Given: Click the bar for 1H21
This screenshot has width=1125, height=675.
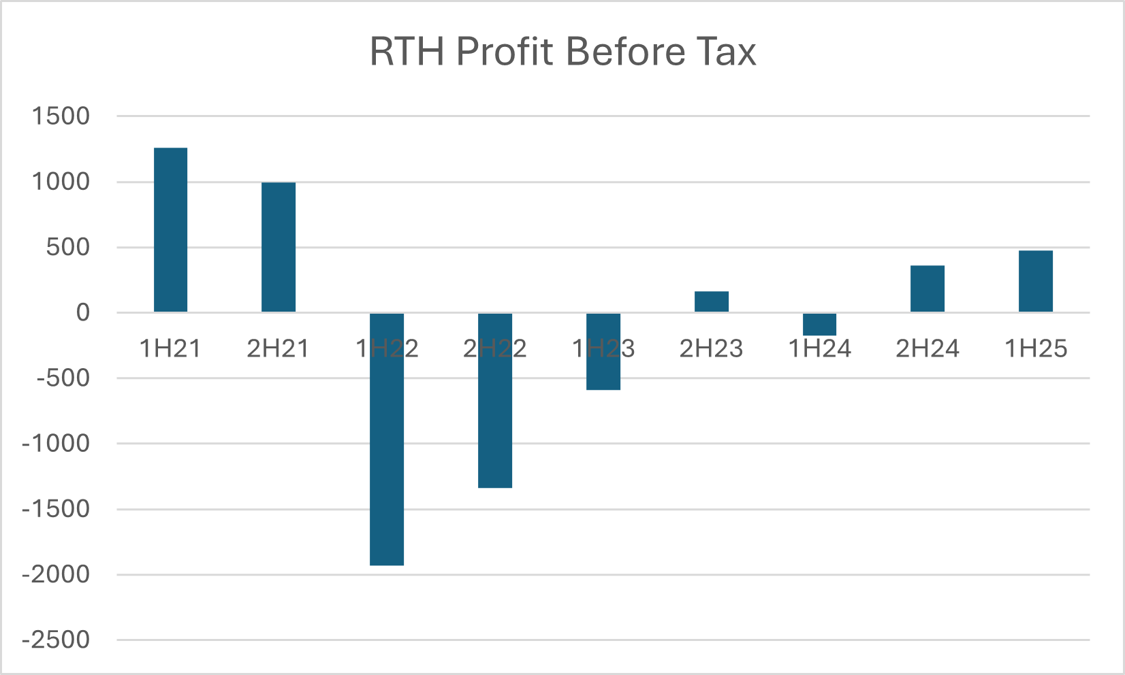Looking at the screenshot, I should (x=170, y=230).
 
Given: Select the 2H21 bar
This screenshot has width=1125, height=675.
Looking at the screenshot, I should (x=279, y=247).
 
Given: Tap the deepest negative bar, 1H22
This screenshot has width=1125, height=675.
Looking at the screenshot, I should (x=387, y=439).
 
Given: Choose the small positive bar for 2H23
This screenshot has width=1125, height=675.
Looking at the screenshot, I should (x=712, y=301).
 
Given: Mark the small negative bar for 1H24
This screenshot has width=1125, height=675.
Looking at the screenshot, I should (x=819, y=324).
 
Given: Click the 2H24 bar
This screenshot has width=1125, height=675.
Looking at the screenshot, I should (x=928, y=289).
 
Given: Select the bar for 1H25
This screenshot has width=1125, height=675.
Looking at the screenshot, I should (x=1036, y=281).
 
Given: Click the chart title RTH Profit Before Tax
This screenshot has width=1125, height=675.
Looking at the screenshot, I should (x=562, y=52).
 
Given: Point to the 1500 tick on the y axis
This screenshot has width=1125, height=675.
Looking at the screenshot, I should (x=61, y=116).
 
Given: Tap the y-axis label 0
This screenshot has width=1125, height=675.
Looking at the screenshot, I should (x=82, y=313).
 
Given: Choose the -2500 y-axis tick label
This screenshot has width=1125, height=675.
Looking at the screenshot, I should (x=56, y=640).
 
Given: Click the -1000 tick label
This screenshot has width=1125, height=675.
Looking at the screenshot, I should (x=56, y=444).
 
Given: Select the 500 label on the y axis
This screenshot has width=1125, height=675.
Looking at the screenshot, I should (x=68, y=248).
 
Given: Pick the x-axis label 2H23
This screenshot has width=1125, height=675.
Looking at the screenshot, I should (x=712, y=349).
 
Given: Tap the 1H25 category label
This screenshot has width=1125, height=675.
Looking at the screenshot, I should (x=1036, y=349).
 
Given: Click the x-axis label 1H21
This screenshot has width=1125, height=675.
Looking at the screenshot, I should (x=170, y=349).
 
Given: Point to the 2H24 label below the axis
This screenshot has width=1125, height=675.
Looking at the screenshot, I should (x=928, y=349).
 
